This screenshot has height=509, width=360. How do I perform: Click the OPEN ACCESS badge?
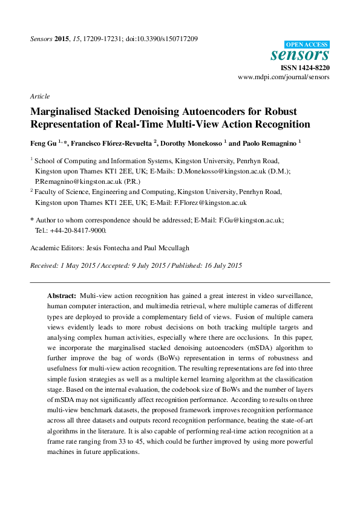[307, 44]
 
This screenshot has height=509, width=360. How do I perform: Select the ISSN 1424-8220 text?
[306, 68]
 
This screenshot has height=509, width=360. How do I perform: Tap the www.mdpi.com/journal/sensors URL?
[283, 78]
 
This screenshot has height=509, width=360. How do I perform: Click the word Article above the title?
[39, 96]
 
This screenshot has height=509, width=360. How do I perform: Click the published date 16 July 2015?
[216, 265]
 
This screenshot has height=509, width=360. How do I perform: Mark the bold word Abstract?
[62, 296]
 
